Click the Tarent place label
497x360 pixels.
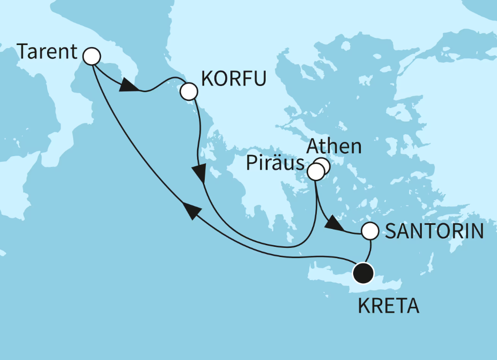pos(47,52)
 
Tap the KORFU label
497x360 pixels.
pos(233,79)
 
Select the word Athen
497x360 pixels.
pos(333,147)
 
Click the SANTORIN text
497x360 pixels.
pos(434,232)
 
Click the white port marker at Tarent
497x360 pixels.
pos(91,56)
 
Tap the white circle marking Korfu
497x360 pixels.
pos(188,92)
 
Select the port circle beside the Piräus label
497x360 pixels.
pos(315,173)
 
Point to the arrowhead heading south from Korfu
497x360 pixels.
pos(201,173)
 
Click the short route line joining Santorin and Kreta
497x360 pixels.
pos(368,251)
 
